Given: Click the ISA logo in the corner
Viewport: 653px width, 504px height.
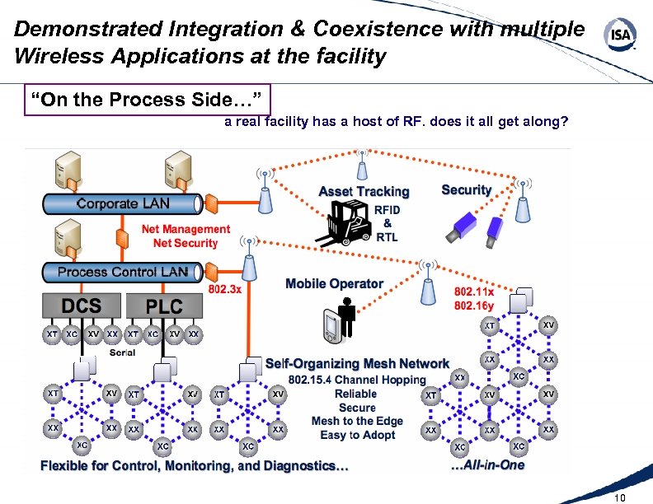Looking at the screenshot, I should [x=621, y=36].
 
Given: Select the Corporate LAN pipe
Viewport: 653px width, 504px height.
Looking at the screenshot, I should [x=120, y=203].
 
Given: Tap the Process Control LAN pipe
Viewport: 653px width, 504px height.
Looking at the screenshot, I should [x=121, y=272].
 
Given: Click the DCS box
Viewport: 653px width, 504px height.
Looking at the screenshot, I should [x=82, y=306].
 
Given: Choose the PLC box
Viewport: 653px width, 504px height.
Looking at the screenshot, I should [x=164, y=306].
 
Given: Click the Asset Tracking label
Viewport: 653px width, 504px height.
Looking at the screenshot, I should [x=364, y=191].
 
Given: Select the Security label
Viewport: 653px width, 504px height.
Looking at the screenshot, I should [x=466, y=189].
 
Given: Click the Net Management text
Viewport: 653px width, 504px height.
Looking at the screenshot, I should [x=186, y=229].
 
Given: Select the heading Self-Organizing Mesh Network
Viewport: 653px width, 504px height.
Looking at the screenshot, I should [x=357, y=363].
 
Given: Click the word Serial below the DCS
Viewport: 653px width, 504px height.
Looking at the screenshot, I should [x=123, y=352].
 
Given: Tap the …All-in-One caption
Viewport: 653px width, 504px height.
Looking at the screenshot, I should [x=487, y=465].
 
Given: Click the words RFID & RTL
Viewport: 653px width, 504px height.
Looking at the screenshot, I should [x=387, y=223].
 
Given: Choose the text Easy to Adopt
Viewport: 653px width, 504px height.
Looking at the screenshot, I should [x=356, y=435].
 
